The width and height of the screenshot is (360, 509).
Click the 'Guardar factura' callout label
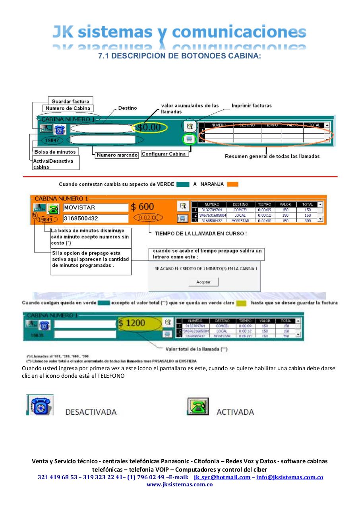70,101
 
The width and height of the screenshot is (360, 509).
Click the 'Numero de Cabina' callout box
68,108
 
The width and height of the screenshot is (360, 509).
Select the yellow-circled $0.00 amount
149,128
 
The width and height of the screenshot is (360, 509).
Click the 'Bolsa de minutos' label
55,152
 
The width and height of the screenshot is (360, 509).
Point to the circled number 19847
52,140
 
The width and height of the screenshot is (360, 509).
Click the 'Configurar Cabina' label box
164,154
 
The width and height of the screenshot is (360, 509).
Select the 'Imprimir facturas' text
252,106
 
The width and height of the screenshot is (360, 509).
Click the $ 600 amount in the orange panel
143,207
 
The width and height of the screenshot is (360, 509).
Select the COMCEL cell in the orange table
240,210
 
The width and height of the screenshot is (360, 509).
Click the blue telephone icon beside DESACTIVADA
41,406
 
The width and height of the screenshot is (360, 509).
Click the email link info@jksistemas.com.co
289,477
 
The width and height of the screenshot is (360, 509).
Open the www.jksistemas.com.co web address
180,484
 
